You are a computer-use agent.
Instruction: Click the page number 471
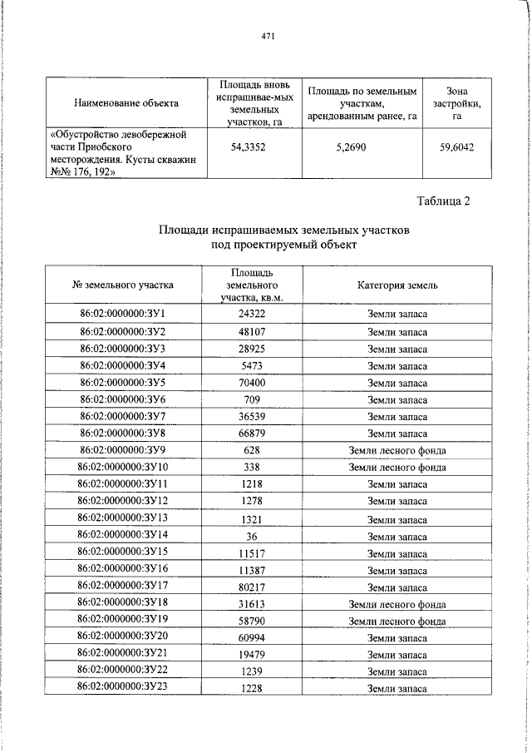267,36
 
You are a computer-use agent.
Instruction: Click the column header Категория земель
397,285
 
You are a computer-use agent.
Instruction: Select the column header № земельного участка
124,285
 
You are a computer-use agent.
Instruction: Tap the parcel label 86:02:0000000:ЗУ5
123,382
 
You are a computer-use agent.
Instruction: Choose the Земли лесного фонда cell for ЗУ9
397,450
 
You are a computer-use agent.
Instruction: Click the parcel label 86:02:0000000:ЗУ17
123,587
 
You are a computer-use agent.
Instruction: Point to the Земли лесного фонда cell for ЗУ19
397,621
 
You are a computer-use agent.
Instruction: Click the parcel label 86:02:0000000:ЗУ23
123,689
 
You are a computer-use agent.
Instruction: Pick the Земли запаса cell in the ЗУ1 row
397,314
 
